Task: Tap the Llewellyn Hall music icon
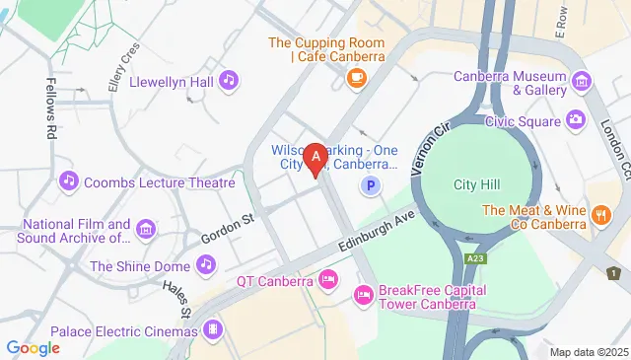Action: (x=229, y=79)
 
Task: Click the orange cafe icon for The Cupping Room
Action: (x=354, y=76)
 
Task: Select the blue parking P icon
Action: (x=371, y=184)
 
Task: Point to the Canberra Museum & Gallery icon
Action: (x=582, y=79)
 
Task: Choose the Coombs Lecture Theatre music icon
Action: (x=68, y=180)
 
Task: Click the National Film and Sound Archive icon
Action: (x=146, y=229)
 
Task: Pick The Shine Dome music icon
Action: (x=205, y=264)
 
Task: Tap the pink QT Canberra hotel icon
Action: (x=328, y=280)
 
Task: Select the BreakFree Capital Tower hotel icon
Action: (x=363, y=294)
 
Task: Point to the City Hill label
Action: (x=477, y=184)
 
